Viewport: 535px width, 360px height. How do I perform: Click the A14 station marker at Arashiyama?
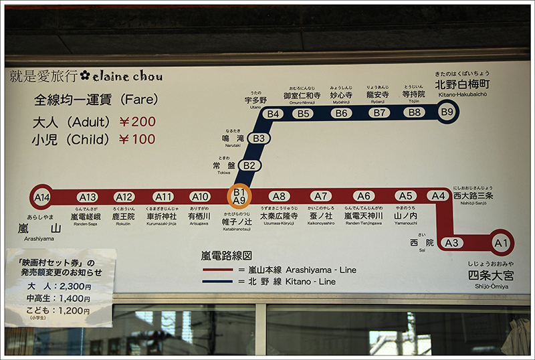(42, 197)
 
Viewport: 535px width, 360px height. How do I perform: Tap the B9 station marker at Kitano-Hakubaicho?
(447, 112)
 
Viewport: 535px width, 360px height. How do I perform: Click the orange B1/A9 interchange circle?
(239, 196)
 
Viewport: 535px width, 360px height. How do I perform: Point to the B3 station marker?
(259, 139)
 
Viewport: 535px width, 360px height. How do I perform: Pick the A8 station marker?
(279, 197)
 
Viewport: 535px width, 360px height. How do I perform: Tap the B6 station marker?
(341, 113)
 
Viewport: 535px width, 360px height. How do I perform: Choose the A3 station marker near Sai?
(452, 242)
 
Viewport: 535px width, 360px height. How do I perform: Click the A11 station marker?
(163, 197)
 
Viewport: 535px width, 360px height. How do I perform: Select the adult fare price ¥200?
(137, 122)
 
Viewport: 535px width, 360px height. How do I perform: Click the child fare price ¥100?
(137, 139)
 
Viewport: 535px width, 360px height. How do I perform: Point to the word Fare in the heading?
(140, 100)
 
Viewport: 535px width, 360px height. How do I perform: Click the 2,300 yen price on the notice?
(74, 286)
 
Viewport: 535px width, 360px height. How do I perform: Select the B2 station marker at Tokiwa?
(249, 165)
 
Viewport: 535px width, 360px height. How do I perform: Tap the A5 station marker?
(405, 196)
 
